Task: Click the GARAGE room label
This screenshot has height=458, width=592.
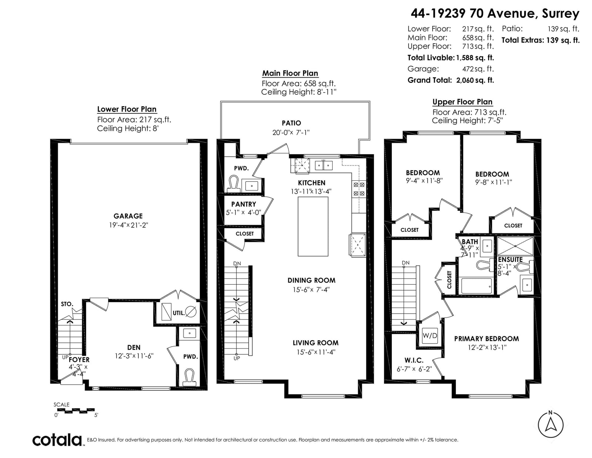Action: coord(128,216)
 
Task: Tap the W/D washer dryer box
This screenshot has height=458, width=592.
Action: coord(430,335)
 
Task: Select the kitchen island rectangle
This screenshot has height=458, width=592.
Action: coord(313,227)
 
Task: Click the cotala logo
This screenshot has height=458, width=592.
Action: coord(57,440)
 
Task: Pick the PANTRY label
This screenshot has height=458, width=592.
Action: coord(243,204)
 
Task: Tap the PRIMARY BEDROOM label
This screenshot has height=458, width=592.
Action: coord(487,338)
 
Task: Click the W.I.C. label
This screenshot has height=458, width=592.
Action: coord(414,360)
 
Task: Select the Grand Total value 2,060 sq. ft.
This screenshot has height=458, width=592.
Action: coord(475,80)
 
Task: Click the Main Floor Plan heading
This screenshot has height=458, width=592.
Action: coord(290,73)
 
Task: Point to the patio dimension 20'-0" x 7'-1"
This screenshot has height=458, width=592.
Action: coord(291,133)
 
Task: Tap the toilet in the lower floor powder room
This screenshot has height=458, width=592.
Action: coord(189,377)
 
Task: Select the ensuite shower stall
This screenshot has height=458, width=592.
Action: coord(515,246)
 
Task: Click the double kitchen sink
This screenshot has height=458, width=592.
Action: coord(324,166)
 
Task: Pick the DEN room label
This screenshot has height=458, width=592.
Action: coord(134,347)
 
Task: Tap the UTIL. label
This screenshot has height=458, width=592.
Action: coord(179,313)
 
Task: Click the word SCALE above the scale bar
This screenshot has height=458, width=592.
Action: coord(61,405)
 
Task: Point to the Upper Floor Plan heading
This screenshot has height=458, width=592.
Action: coord(462,102)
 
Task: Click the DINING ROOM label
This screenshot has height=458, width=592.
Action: coord(312,280)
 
